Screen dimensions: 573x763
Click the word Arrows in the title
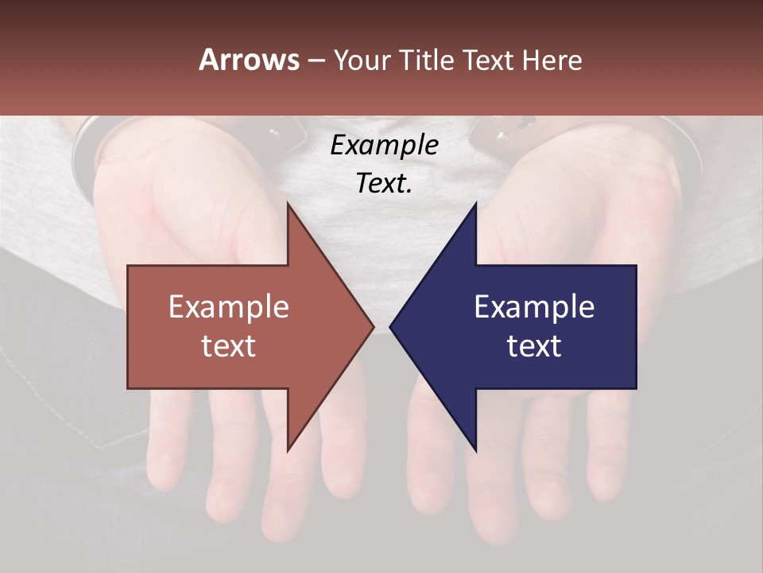[x=250, y=60]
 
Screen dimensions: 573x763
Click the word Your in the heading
[x=365, y=60]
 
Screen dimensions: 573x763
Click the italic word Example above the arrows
[x=384, y=146]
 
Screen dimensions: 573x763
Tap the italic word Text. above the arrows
[x=384, y=184]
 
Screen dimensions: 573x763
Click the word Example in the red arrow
[x=229, y=307]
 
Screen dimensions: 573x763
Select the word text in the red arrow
[x=229, y=345]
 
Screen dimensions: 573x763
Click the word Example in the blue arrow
[x=534, y=307]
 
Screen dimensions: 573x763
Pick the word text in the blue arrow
[x=534, y=345]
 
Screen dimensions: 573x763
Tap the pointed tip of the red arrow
[x=372, y=326]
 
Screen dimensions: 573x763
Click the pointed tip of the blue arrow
[x=392, y=326]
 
